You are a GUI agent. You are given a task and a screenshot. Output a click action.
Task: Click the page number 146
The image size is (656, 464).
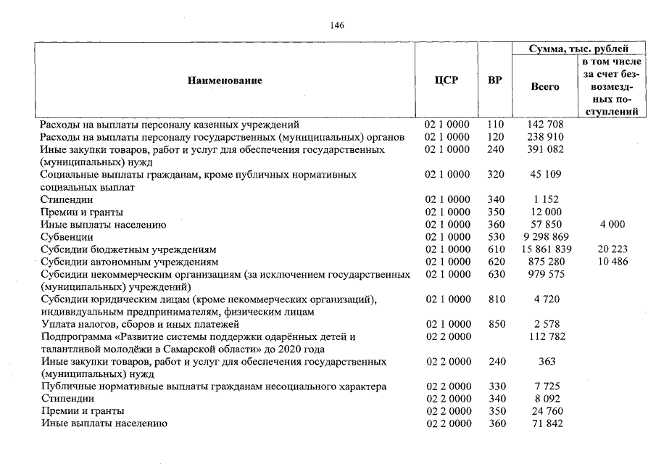[x=337, y=25]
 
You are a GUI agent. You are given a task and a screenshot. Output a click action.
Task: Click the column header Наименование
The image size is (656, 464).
[x=225, y=80]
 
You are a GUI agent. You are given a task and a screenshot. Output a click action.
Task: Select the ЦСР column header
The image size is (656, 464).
[x=447, y=80]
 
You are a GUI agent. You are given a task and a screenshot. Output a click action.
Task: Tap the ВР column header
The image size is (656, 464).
[x=495, y=80]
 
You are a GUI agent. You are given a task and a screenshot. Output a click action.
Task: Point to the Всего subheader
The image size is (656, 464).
[x=545, y=86]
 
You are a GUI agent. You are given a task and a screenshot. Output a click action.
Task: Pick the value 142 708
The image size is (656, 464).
[x=545, y=125]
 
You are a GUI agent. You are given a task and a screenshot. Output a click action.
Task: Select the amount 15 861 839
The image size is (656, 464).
[x=545, y=249]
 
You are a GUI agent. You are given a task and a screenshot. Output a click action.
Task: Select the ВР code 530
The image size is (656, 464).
[x=495, y=237]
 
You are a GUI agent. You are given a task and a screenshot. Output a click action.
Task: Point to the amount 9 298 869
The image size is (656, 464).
[x=545, y=237]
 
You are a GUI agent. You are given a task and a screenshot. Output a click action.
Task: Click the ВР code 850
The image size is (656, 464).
[x=495, y=324]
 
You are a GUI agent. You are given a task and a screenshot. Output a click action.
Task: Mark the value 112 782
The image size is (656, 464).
[x=545, y=336]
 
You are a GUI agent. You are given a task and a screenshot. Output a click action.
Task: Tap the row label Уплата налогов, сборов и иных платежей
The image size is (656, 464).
[x=140, y=324]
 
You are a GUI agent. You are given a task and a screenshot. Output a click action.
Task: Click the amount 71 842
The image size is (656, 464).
[x=545, y=423]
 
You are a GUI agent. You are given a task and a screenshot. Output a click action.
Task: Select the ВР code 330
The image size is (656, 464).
[x=495, y=386]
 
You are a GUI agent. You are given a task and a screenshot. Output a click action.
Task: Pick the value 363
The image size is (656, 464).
[x=545, y=362]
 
